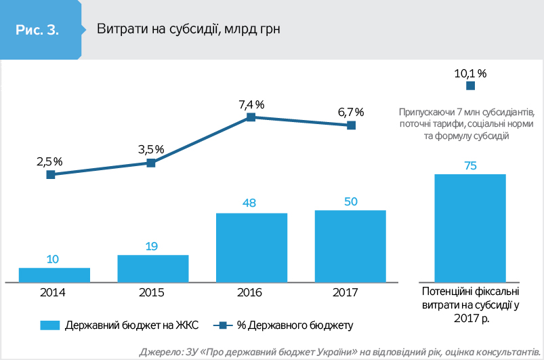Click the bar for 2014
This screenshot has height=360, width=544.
tap(54, 275)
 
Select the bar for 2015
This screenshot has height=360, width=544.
tap(152, 268)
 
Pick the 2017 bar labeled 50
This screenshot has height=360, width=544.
tap(350, 245)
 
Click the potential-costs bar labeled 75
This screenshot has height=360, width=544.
tap(470, 227)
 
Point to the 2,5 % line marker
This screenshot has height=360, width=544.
tap(51, 175)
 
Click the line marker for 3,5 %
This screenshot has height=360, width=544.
tap(151, 163)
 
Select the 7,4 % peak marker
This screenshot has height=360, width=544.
tap(251, 117)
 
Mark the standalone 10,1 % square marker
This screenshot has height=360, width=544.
tap(470, 86)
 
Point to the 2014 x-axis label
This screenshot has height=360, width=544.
tap(54, 292)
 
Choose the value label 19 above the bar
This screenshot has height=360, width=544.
tap(152, 246)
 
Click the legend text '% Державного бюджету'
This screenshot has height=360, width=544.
tap(295, 325)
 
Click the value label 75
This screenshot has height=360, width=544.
tap(470, 165)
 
